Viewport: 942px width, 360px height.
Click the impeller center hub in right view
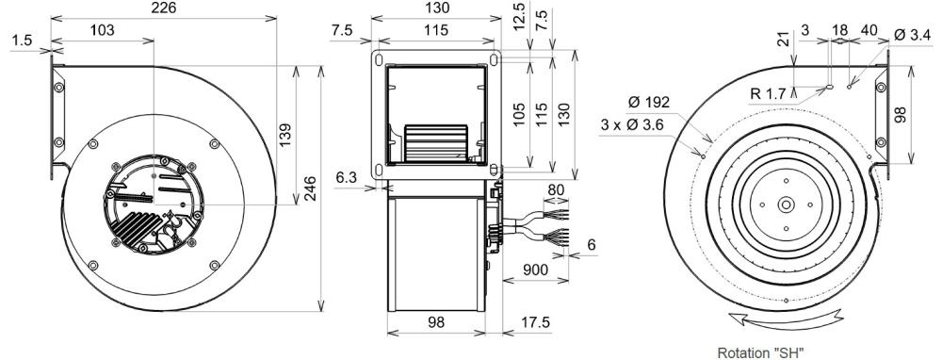785,203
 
